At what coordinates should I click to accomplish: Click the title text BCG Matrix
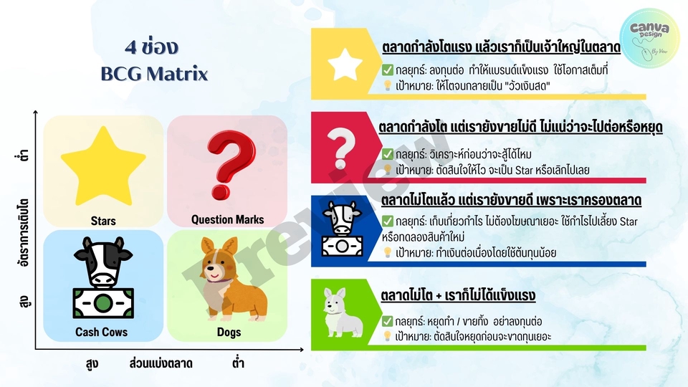pyautogui.click(x=154, y=74)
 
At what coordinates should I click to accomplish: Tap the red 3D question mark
pyautogui.click(x=230, y=165)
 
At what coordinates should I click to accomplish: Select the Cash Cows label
pyautogui.click(x=101, y=332)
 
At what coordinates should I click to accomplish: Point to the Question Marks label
pyautogui.click(x=227, y=219)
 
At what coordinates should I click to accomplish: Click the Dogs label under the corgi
pyautogui.click(x=229, y=332)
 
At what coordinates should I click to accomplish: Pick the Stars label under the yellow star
pyautogui.click(x=103, y=221)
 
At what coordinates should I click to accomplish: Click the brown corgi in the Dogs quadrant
pyautogui.click(x=233, y=279)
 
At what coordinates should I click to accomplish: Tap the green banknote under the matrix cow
pyautogui.click(x=103, y=302)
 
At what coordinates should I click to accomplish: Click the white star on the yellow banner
pyautogui.click(x=345, y=64)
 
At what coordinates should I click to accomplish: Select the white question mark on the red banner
pyautogui.click(x=341, y=148)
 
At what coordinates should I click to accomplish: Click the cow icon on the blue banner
pyautogui.click(x=343, y=229)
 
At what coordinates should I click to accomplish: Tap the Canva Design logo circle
pyautogui.click(x=649, y=38)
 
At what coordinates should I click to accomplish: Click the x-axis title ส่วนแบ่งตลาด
pyautogui.click(x=161, y=363)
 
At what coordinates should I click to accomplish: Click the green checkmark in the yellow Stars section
pyautogui.click(x=388, y=70)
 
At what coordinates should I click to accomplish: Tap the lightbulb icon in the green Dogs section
pyautogui.click(x=388, y=336)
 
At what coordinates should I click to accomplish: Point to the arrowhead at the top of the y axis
pyautogui.click(x=36, y=113)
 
